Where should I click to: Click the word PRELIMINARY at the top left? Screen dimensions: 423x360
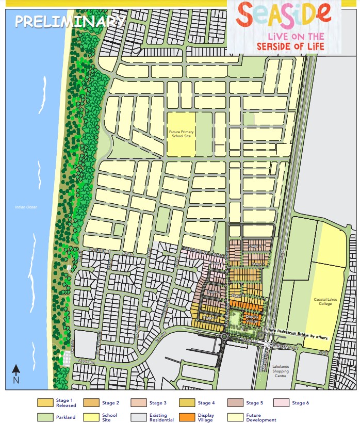click(x=70, y=21)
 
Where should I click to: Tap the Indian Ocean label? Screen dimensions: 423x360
click(x=26, y=208)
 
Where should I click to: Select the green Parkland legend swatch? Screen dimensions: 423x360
click(x=45, y=417)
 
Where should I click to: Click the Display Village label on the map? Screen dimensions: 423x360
click(x=251, y=318)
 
